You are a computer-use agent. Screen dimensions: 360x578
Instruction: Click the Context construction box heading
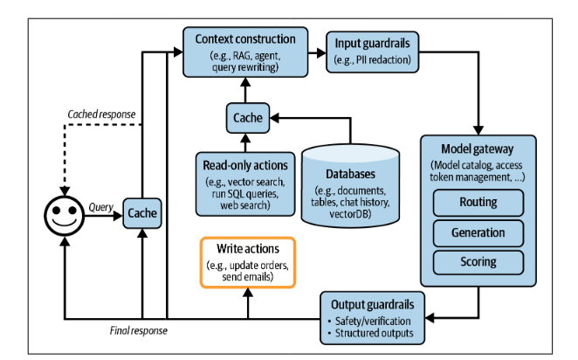(x=246, y=40)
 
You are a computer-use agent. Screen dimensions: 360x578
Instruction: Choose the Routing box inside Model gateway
(x=478, y=202)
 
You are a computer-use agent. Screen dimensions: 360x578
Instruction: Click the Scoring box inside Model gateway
(x=478, y=261)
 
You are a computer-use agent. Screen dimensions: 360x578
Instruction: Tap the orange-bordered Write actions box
(x=248, y=262)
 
